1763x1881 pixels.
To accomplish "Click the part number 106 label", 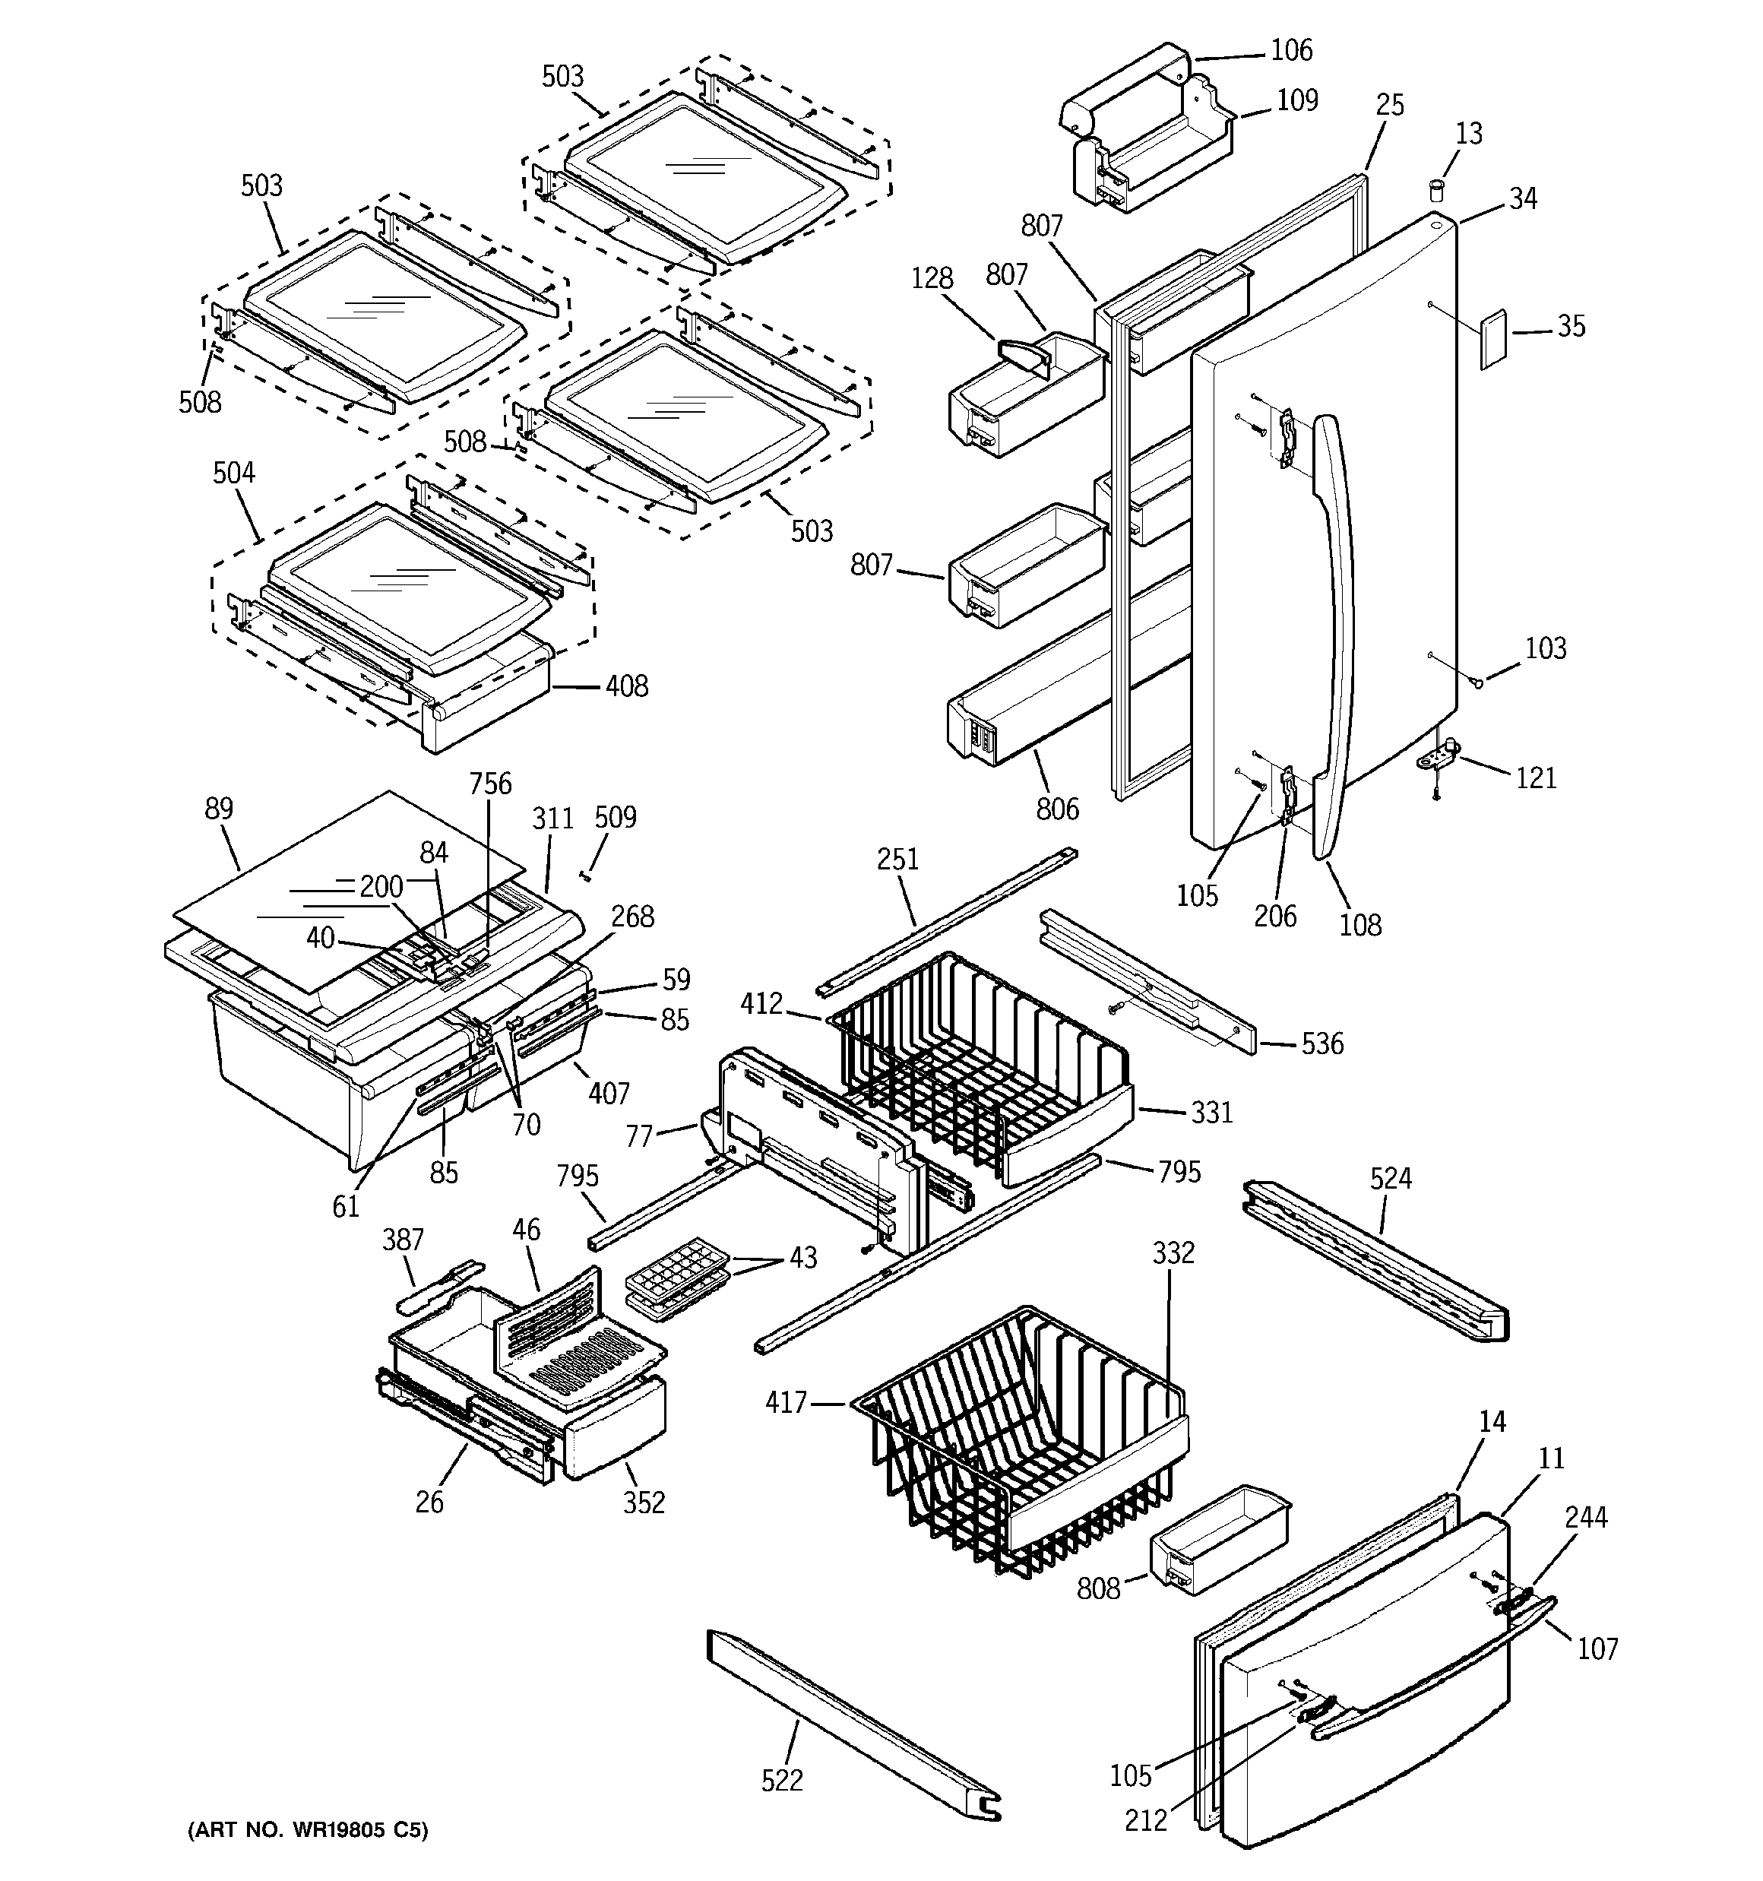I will point(1291,50).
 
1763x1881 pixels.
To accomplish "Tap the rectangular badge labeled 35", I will point(1492,337).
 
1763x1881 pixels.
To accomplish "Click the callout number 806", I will point(1057,808).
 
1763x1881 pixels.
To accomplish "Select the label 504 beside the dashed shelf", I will point(234,473).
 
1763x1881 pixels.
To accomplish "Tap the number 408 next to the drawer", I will point(626,686).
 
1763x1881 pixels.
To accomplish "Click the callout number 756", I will point(490,784).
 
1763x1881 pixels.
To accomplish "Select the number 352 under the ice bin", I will point(644,1502).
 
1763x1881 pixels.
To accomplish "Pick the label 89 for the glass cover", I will point(219,809).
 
